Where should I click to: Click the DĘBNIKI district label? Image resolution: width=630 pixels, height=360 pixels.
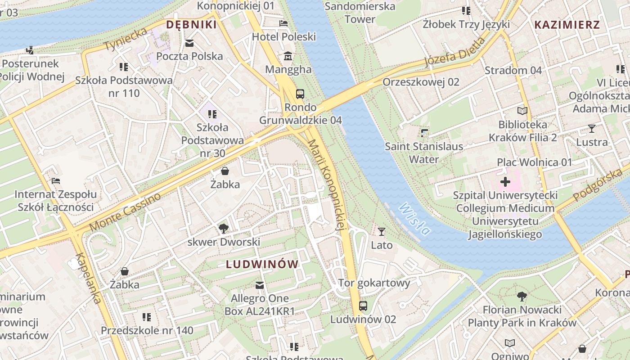tap(191, 24)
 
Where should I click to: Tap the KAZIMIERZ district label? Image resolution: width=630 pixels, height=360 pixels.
tap(567, 25)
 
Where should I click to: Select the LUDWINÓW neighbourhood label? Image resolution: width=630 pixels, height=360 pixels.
tap(262, 264)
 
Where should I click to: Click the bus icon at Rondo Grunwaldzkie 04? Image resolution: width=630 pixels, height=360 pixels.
tap(300, 94)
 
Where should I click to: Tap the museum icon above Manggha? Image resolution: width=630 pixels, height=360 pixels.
tap(288, 56)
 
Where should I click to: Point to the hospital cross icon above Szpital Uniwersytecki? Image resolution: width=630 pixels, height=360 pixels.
tap(505, 182)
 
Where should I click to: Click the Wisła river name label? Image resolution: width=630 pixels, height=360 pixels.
tap(414, 220)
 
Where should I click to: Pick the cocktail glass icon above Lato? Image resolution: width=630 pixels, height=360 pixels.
tap(382, 232)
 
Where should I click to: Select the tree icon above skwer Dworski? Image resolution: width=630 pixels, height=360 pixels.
tap(224, 229)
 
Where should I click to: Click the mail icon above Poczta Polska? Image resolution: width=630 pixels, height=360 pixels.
tap(189, 43)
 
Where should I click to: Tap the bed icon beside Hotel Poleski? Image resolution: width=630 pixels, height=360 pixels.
tap(283, 23)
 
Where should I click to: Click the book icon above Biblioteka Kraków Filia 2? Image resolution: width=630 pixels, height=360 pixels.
tap(522, 111)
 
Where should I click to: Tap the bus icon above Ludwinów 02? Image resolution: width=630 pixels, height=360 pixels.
tap(363, 306)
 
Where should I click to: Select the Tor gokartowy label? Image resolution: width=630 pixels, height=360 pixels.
tap(374, 283)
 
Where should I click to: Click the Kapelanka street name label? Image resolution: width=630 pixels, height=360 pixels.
tap(88, 278)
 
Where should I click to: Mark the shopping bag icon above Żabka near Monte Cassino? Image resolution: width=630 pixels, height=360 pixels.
tap(225, 171)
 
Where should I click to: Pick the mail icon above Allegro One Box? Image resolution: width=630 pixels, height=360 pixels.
tap(260, 285)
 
